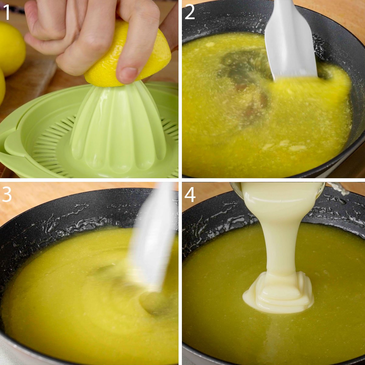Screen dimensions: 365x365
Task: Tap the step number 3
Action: tap(7, 195)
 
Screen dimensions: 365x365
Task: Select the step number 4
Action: tap(190, 195)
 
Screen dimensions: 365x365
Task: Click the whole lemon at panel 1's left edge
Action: tap(11, 49)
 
